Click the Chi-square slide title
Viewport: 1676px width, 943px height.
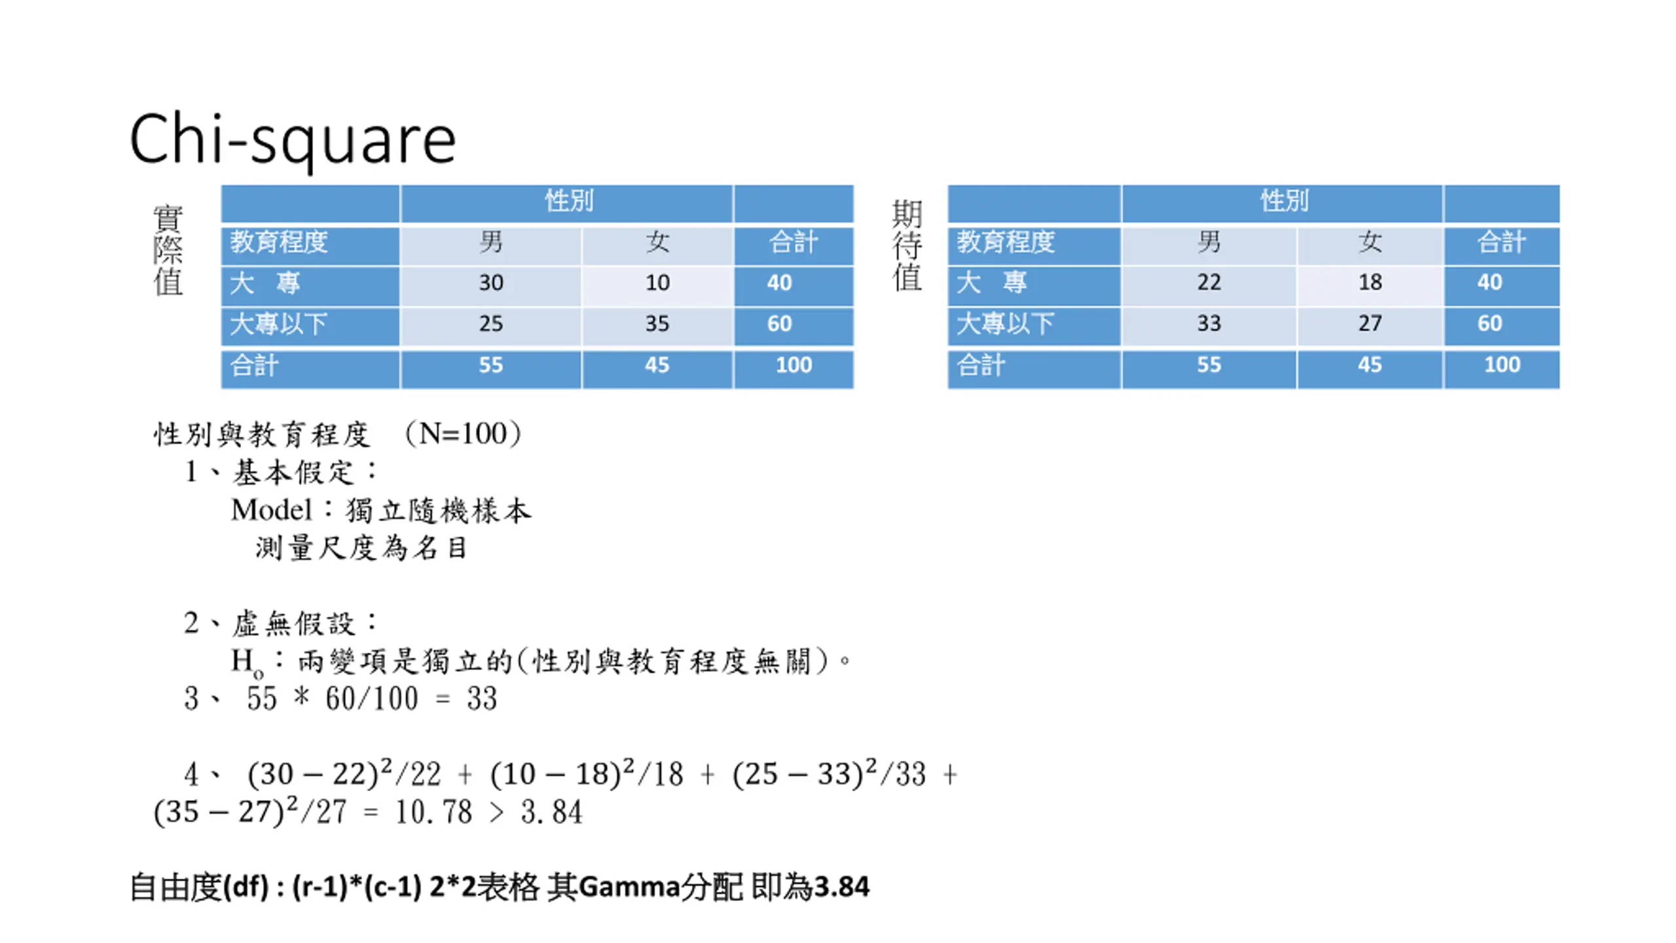pos(292,139)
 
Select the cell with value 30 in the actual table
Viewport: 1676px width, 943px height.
pos(490,283)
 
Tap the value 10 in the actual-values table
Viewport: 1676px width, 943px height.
pos(657,283)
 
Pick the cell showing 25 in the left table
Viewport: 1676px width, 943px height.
pos(490,324)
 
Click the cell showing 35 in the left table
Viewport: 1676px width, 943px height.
pos(657,324)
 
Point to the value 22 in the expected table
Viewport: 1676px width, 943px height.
pos(1209,282)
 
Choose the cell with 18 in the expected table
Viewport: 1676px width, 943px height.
pos(1370,282)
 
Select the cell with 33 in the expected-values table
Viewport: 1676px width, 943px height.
pos(1209,324)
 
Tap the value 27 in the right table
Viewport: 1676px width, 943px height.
pos(1370,324)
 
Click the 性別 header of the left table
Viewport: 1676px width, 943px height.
pos(568,201)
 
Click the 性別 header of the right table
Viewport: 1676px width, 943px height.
pos(1284,201)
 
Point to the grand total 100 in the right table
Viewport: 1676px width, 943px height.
pos(1501,365)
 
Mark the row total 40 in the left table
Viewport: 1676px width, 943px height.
pos(779,283)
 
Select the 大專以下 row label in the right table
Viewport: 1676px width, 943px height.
pos(1005,324)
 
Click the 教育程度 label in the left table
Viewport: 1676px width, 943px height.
pos(278,242)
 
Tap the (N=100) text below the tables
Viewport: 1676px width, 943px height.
pos(463,434)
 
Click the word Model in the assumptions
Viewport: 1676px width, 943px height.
pos(271,510)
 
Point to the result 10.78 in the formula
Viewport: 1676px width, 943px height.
pos(433,813)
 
